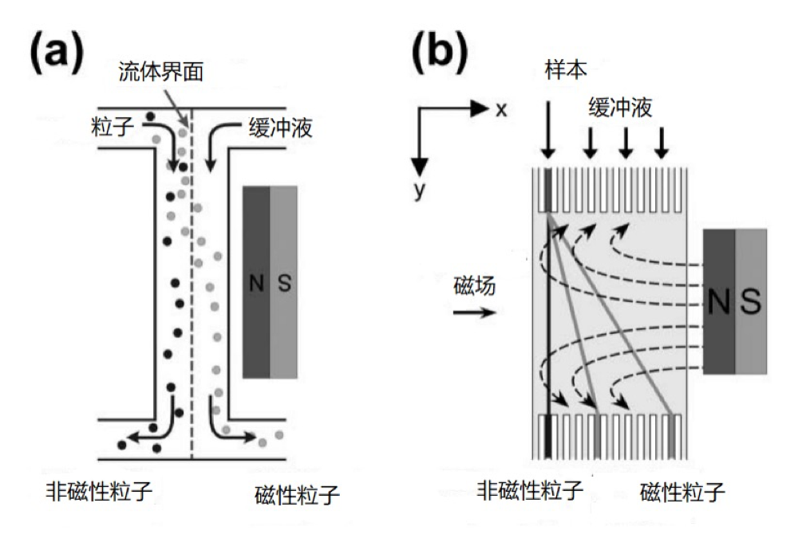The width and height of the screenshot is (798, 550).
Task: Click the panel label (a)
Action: click(x=56, y=54)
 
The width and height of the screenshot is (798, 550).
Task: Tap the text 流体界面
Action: click(x=166, y=71)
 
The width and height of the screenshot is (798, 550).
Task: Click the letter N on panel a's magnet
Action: click(x=255, y=284)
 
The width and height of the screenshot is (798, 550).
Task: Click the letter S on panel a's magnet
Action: click(x=283, y=284)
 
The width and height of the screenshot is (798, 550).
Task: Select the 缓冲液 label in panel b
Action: click(x=620, y=107)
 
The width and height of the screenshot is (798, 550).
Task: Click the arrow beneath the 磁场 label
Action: click(x=474, y=312)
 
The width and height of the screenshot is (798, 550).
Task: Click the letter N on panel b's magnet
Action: click(x=719, y=301)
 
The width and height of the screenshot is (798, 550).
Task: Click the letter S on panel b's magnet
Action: click(x=751, y=301)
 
